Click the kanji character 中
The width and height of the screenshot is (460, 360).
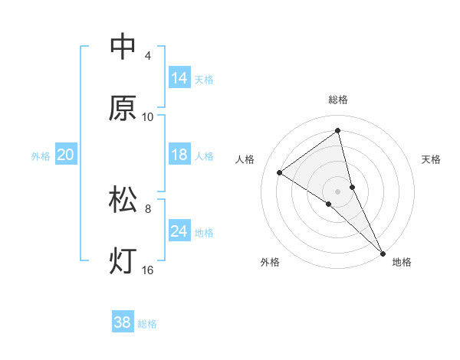123,47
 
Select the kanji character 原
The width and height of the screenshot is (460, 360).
123,109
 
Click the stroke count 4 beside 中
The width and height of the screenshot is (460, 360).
147,56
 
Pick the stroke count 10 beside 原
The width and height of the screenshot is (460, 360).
148,117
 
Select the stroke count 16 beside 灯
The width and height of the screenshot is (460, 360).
148,270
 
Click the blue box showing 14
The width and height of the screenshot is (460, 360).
179,78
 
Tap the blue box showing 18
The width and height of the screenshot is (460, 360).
179,155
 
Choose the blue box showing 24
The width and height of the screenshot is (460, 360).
179,231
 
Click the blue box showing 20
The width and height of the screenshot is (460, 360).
66,155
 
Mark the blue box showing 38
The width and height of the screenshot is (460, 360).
123,322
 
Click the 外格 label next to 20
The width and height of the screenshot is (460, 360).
41,156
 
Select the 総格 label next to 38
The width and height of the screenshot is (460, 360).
147,324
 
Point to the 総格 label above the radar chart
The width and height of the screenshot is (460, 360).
338,100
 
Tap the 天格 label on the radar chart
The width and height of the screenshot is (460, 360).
431,159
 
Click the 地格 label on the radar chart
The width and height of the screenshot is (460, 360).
402,263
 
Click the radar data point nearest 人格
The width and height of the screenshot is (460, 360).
279,172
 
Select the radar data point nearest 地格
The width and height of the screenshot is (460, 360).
383,253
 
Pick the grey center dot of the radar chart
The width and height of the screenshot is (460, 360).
338,191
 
